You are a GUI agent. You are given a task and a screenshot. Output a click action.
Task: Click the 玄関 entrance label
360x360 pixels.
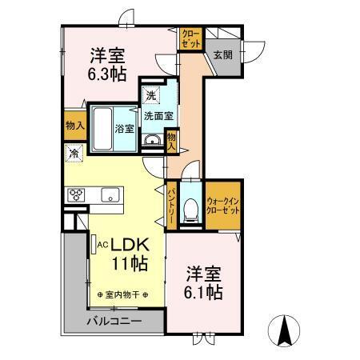(222, 55)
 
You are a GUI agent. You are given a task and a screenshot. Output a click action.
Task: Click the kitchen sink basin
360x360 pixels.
(109, 195)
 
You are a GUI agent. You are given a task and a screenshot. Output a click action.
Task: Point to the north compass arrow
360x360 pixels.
(285, 329)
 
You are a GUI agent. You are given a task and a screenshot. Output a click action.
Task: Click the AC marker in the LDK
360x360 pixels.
(94, 241)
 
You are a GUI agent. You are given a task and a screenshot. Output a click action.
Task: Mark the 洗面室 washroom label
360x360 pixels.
(158, 115)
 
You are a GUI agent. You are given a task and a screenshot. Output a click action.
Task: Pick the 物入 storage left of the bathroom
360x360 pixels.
(74, 126)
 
